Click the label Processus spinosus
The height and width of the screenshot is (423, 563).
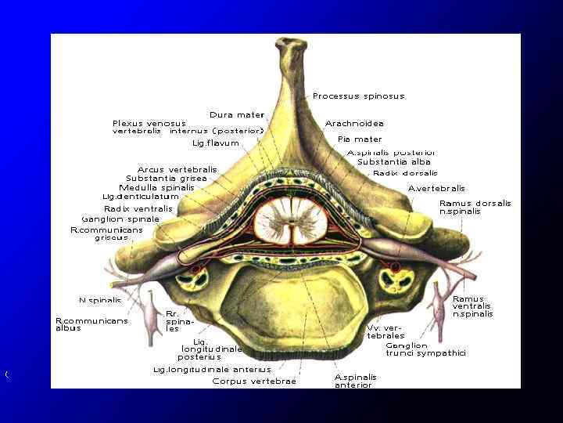point(359,96)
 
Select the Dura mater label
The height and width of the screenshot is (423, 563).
point(237,115)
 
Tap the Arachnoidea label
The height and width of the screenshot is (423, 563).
point(354,124)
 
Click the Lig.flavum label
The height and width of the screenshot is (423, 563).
point(216,143)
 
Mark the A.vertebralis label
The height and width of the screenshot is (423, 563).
point(436,188)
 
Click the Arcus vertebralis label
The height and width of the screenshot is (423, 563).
point(178,169)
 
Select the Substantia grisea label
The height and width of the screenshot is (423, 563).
point(167,179)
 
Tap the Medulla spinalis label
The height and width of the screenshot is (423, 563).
point(156,188)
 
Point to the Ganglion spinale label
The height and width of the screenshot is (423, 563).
point(120,219)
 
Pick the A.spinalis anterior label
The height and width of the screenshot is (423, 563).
point(356,381)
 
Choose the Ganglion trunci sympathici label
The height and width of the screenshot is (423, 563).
point(426,349)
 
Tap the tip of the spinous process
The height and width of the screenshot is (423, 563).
point(292,45)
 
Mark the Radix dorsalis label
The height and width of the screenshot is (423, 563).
point(405,173)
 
